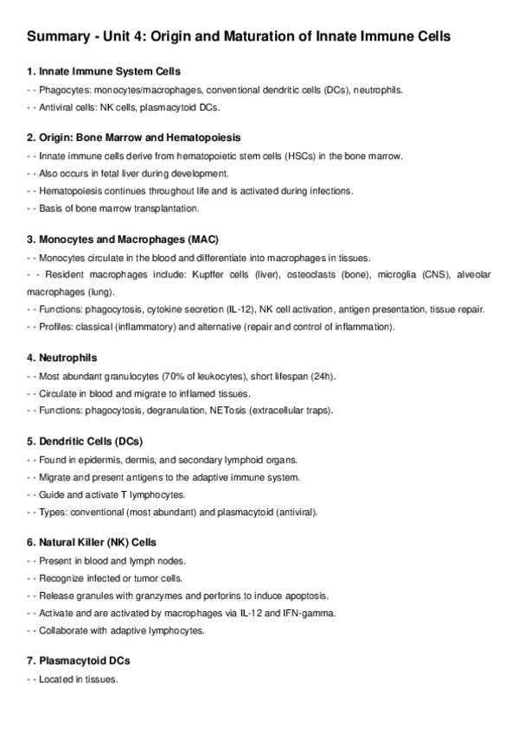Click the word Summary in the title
tap(58, 37)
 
